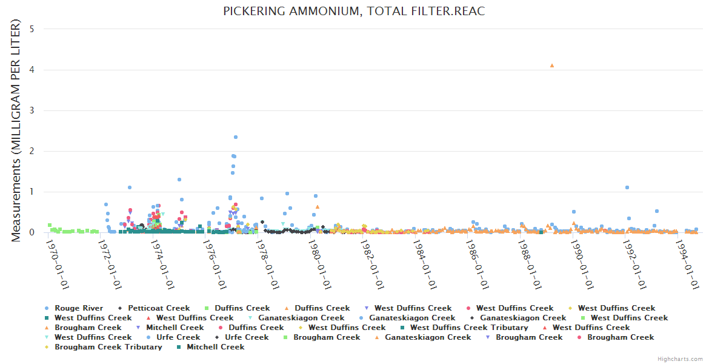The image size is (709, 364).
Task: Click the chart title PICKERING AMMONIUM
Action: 354,12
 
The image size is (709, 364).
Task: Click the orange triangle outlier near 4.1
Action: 552,66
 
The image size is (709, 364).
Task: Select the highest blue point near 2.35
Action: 236,137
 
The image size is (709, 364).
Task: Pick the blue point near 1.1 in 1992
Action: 627,187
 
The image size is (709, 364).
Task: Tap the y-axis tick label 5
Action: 31,29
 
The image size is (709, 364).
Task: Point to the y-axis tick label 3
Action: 31,110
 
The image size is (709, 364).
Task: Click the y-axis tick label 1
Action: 31,192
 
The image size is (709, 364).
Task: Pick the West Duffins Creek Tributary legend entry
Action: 468,328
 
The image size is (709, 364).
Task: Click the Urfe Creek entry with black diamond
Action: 242,337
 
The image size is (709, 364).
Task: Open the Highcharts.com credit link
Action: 680,359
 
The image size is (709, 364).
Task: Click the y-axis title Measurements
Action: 16,130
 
